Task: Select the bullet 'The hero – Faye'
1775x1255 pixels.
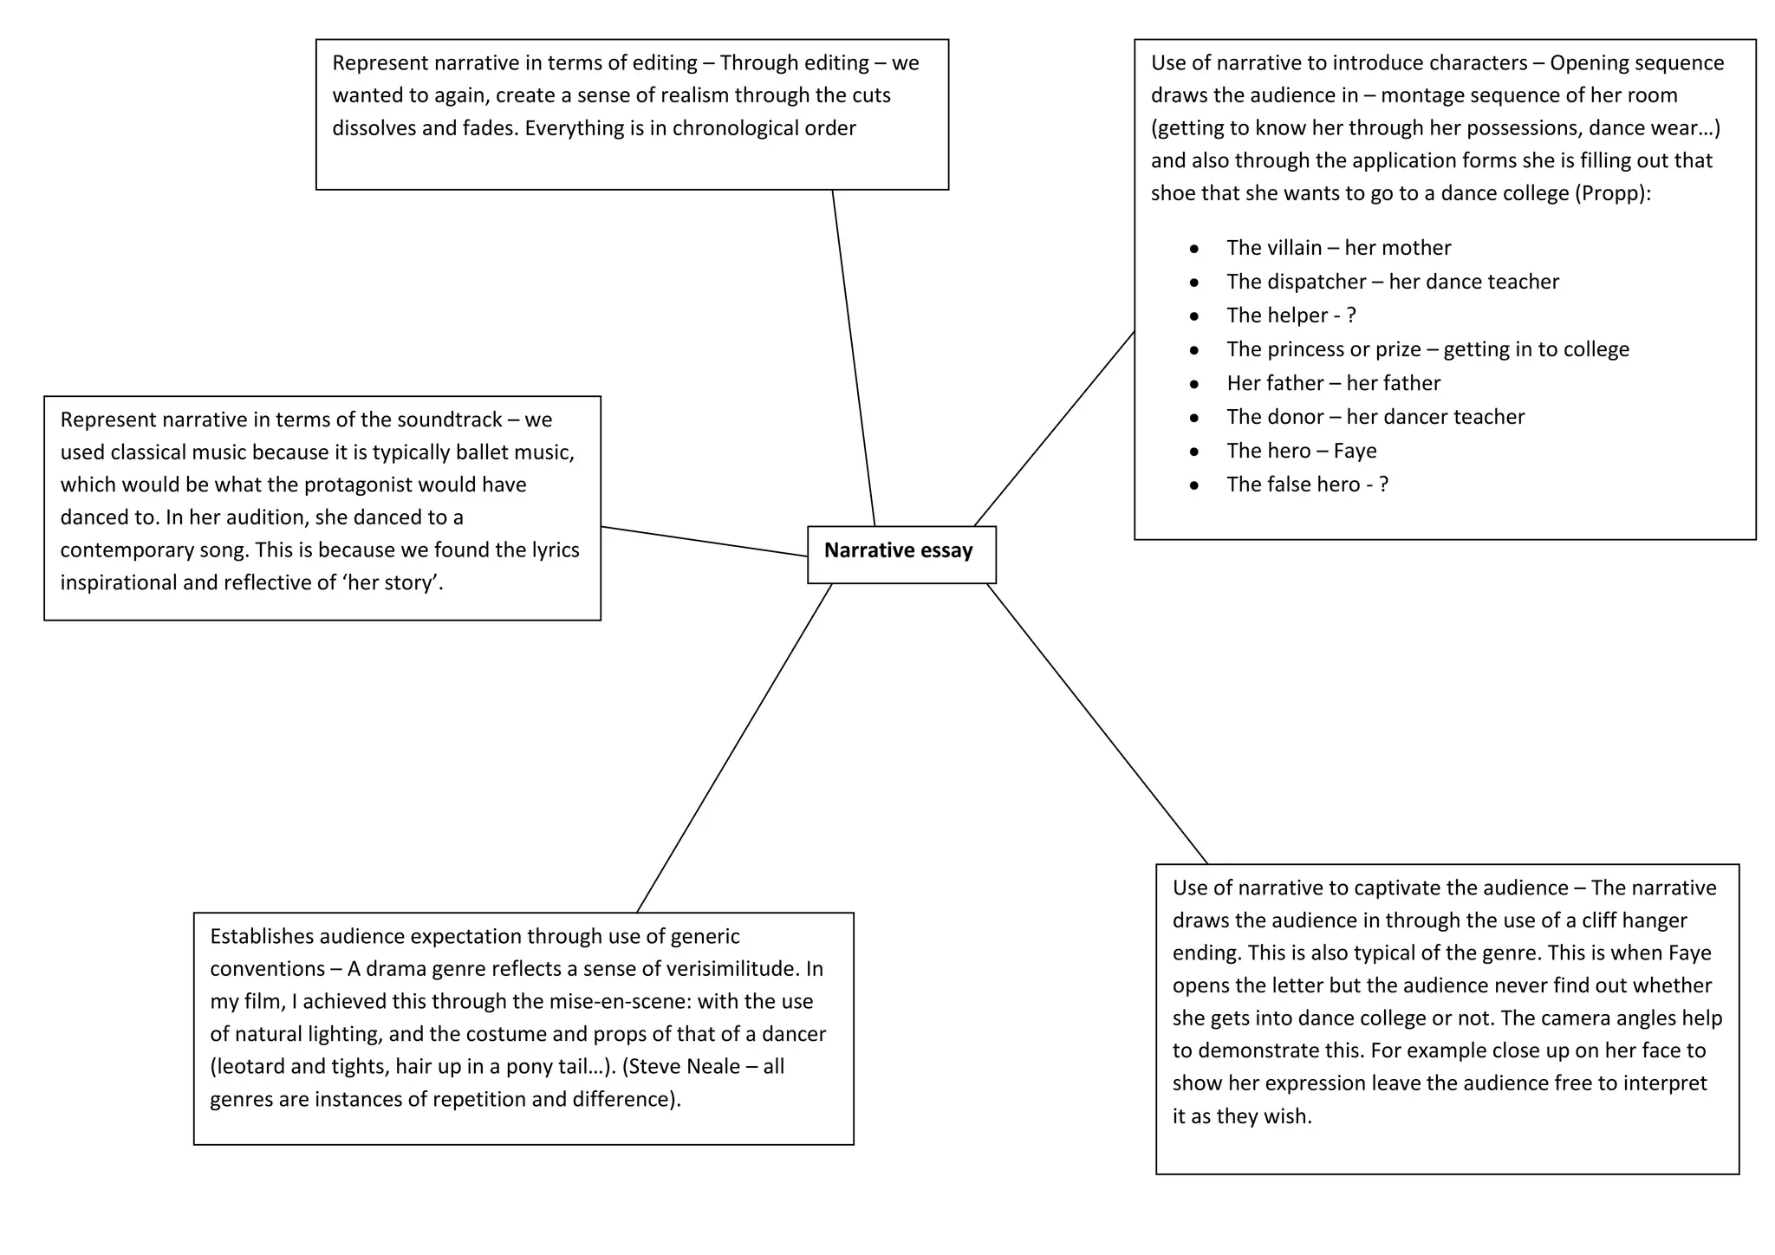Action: tap(1301, 451)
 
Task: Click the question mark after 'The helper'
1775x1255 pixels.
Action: tap(1351, 315)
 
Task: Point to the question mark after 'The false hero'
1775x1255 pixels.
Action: tap(1383, 484)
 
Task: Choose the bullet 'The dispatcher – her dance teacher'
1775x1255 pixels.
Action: tap(1392, 282)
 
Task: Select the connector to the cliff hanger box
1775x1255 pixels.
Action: tap(1096, 724)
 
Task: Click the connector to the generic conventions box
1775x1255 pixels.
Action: tap(734, 748)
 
